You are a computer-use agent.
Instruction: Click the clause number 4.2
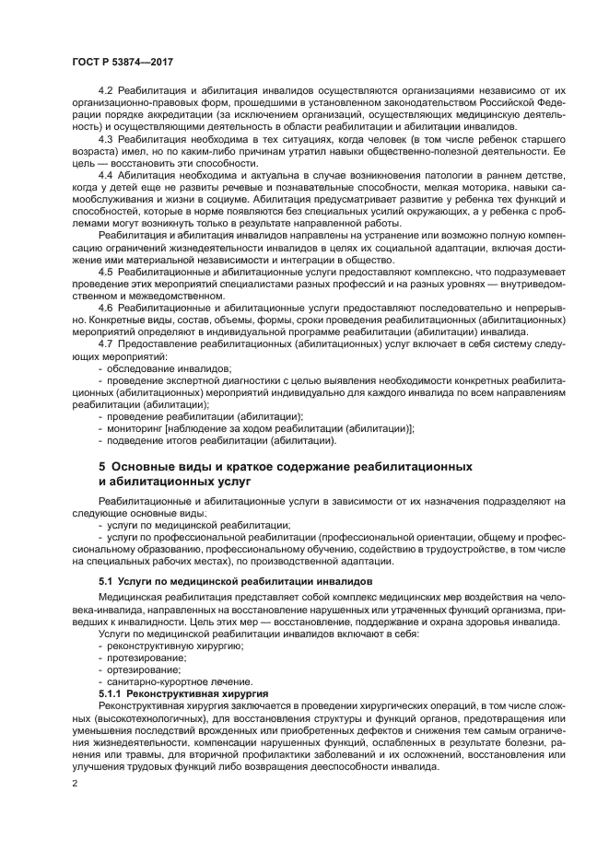click(x=105, y=89)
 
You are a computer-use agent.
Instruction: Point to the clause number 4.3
click(x=105, y=137)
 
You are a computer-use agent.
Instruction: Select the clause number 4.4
click(x=105, y=173)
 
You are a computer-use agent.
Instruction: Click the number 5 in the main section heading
click(x=102, y=467)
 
